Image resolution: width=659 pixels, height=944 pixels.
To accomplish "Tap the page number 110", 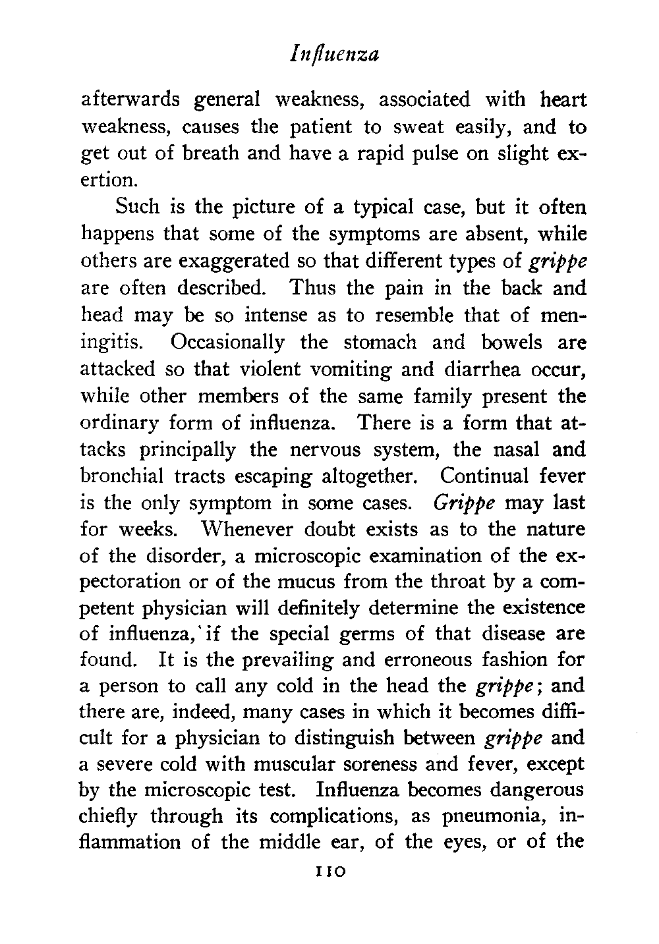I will pos(327,871).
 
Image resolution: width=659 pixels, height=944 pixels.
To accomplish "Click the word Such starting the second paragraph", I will pos(136,208).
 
